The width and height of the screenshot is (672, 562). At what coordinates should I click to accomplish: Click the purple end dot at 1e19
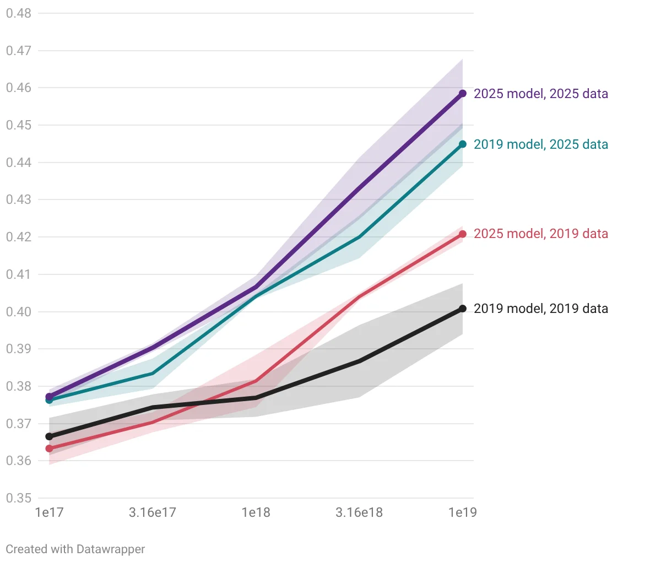[463, 93]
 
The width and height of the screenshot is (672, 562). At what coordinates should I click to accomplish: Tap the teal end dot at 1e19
[463, 144]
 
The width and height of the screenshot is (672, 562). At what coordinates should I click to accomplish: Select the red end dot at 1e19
[463, 234]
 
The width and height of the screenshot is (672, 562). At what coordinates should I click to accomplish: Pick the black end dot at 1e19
[463, 309]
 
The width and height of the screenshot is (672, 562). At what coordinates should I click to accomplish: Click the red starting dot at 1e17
[49, 448]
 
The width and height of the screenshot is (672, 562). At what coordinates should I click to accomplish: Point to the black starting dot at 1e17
[49, 436]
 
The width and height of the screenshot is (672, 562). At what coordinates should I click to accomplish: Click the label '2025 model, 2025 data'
[541, 94]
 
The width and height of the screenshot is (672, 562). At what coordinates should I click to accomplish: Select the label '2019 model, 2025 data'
[541, 144]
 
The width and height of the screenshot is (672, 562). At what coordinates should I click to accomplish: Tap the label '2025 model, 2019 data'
[541, 234]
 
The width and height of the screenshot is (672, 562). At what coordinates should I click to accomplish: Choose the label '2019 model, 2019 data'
[541, 309]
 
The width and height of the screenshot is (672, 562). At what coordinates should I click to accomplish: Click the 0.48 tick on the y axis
[19, 13]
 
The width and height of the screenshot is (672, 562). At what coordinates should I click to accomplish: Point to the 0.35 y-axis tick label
[19, 498]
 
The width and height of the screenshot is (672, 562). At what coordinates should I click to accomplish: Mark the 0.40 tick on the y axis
[19, 311]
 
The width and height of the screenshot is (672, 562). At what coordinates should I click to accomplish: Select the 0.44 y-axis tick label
[19, 162]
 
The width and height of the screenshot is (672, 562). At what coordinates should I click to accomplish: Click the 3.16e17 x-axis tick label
[153, 512]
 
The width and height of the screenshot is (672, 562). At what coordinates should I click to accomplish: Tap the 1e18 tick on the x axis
[256, 512]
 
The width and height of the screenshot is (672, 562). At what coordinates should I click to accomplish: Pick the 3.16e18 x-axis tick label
[359, 512]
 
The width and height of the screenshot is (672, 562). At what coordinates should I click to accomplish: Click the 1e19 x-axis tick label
[463, 512]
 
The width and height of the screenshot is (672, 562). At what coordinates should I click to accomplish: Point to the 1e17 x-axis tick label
[49, 512]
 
